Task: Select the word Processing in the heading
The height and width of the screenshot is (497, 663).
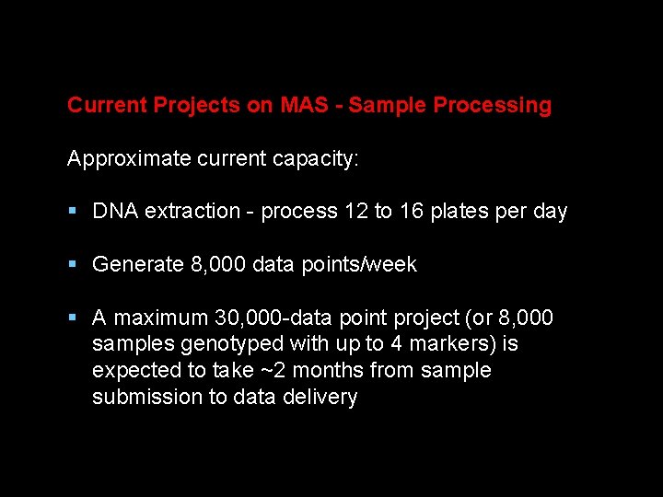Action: click(492, 105)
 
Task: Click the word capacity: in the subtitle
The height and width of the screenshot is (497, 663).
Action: click(316, 159)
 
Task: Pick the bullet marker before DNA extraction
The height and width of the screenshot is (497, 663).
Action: click(73, 212)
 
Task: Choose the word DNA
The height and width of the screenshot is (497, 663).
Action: click(115, 212)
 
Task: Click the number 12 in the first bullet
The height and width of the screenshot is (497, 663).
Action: click(355, 212)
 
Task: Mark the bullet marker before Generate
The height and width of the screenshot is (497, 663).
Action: click(73, 265)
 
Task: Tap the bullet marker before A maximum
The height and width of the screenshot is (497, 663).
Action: click(73, 318)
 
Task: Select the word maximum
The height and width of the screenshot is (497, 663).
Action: click(161, 318)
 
